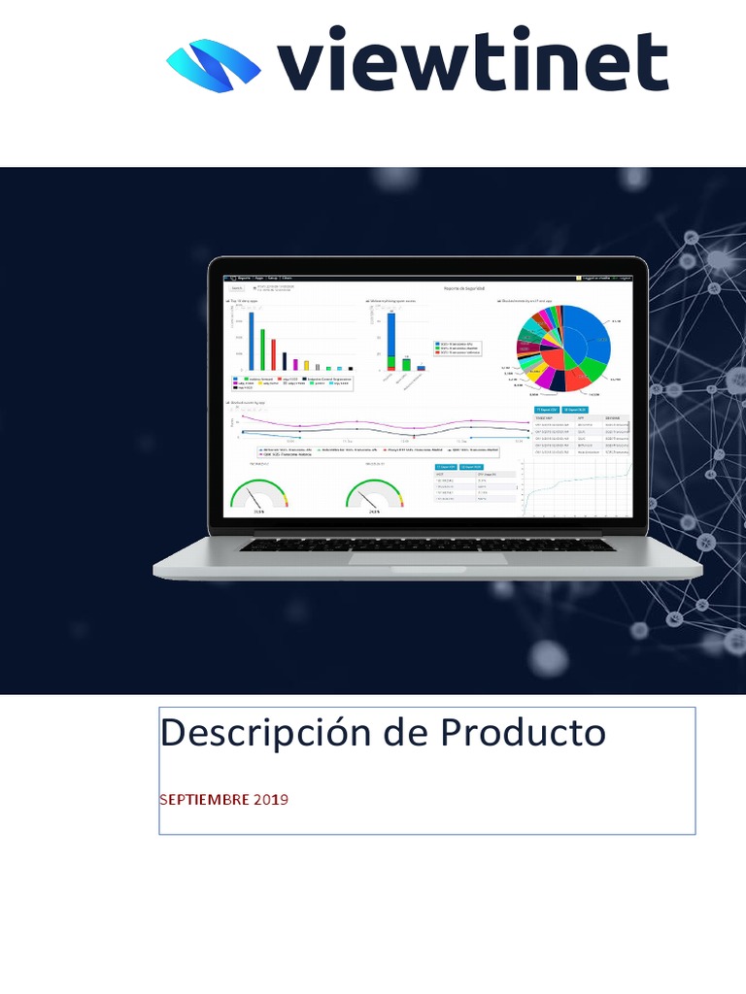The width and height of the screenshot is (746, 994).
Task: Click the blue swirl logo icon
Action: (x=214, y=65)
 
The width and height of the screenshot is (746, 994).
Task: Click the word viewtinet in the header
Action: (x=473, y=60)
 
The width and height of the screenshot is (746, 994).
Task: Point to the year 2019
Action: (x=271, y=800)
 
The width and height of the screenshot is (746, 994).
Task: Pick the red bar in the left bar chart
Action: (x=273, y=354)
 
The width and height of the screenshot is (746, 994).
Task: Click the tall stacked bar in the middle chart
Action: (x=390, y=340)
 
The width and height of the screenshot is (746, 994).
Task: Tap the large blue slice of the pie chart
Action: (x=589, y=338)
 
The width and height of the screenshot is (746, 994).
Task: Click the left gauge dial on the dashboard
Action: (x=259, y=495)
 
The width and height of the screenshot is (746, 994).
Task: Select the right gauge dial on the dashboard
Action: (x=374, y=495)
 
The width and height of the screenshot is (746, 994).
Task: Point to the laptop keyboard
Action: (x=427, y=545)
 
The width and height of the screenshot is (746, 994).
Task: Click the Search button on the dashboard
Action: (x=237, y=288)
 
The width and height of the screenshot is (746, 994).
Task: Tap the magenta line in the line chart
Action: (x=389, y=424)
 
